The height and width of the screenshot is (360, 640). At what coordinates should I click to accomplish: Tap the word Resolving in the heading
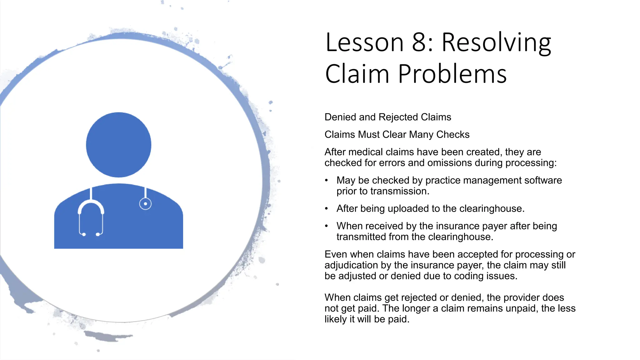(496, 43)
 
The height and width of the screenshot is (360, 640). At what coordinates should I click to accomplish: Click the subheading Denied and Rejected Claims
(388, 117)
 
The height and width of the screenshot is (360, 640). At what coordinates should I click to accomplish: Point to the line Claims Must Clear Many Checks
(397, 134)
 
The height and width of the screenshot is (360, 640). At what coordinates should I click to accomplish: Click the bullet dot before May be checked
(327, 180)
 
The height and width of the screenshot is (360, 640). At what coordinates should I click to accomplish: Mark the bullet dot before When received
(327, 226)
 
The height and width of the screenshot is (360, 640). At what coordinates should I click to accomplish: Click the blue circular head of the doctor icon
(118, 145)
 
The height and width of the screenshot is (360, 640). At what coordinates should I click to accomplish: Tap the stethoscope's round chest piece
(145, 204)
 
